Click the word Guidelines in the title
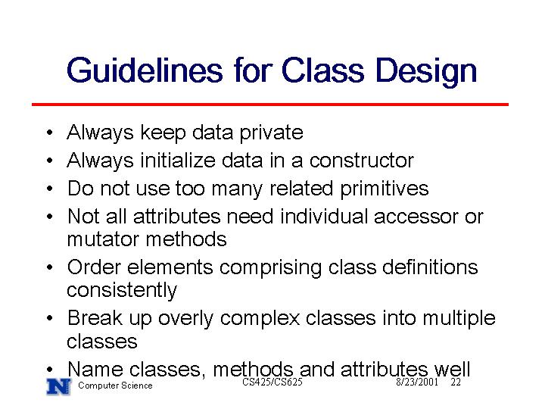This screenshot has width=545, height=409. tap(145, 70)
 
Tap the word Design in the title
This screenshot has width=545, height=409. tap(426, 72)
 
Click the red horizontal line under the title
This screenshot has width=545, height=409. tap(270, 104)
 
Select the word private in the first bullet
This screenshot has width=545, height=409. tap(272, 133)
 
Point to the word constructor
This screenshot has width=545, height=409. tap(362, 161)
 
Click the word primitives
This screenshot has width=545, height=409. tap(384, 189)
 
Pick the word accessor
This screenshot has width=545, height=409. tap(416, 217)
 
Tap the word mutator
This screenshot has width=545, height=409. tap(103, 239)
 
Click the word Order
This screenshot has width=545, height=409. tap(94, 267)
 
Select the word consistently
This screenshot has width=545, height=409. tap(122, 291)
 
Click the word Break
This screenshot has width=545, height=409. tap(95, 318)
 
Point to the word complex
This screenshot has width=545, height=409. tap(260, 319)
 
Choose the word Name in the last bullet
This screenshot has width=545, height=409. tap(95, 369)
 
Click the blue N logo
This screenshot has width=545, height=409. tap(59, 386)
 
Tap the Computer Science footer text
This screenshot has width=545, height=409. tap(115, 386)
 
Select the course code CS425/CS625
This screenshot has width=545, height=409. tap(272, 382)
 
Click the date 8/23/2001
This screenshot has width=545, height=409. tap(417, 382)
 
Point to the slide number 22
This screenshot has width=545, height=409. tap(456, 382)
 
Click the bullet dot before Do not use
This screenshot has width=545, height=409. tap(50, 189)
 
